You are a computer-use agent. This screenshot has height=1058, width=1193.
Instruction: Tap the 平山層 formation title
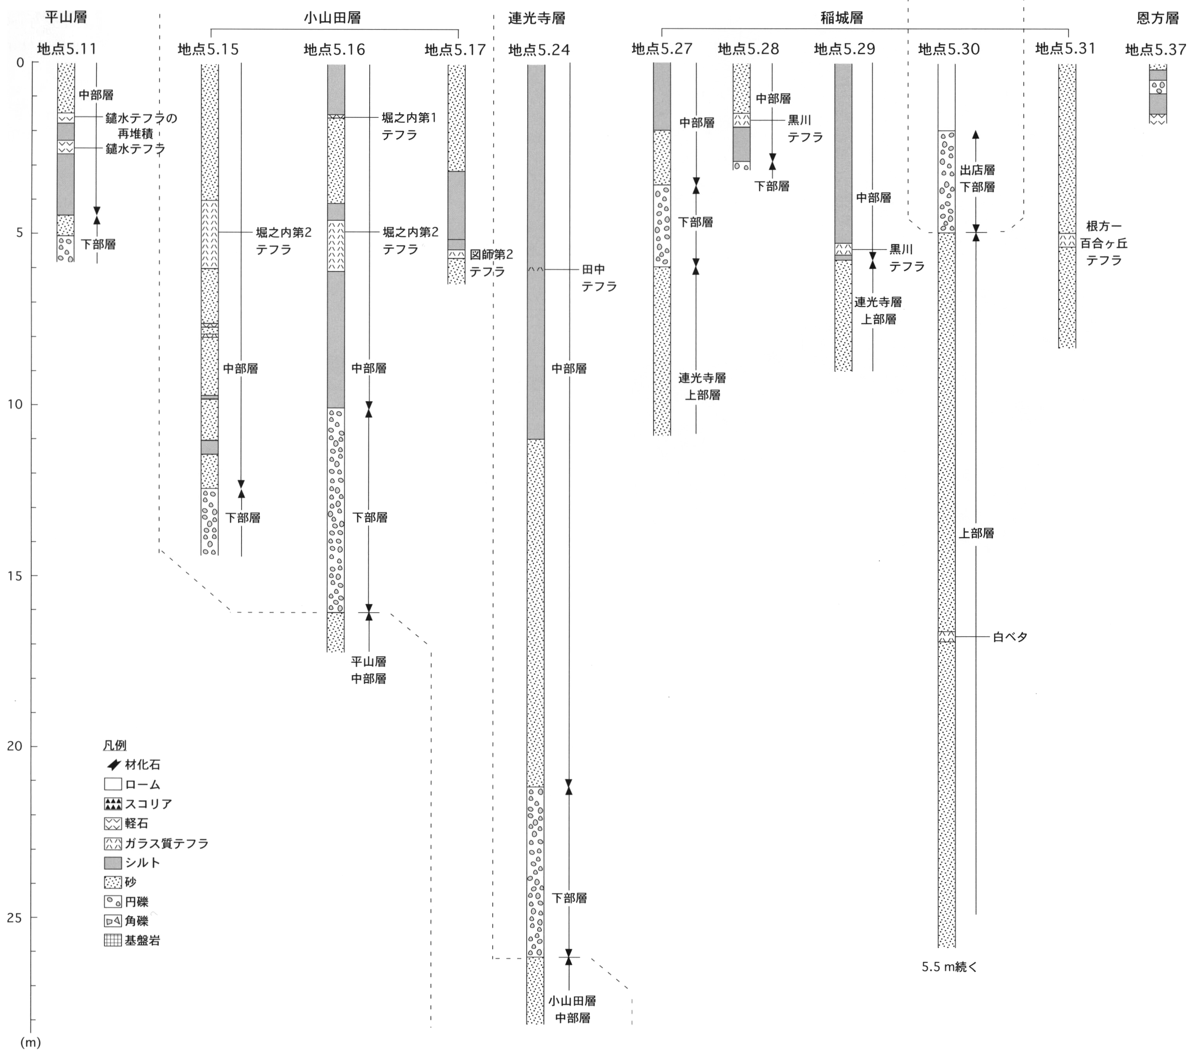pos(65,17)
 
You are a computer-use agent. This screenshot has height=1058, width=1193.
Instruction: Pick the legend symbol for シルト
pos(113,863)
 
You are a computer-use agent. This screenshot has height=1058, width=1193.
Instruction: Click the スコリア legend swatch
pos(113,804)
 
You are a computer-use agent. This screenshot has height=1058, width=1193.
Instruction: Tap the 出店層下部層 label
pos(977,178)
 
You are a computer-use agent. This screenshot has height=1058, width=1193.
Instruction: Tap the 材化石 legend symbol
pos(113,764)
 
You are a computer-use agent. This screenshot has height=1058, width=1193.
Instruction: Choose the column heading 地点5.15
pos(208,50)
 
